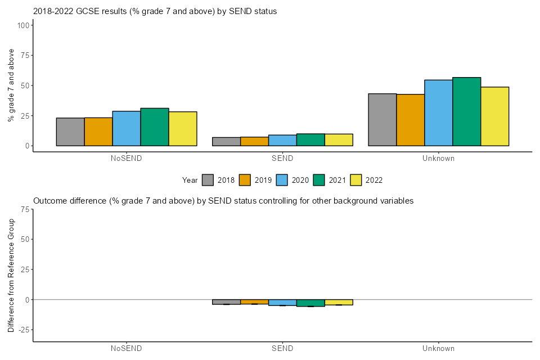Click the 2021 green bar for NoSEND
tap(155, 127)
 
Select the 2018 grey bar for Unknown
tap(382, 120)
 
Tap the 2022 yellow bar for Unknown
tap(495, 116)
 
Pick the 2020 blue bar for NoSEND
tap(127, 128)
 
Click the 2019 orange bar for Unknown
tap(411, 120)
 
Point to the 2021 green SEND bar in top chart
tap(310, 139)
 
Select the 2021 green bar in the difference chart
tap(310, 303)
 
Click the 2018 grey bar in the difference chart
tap(226, 301)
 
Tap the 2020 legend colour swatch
tap(282, 180)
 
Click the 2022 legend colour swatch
tap(356, 180)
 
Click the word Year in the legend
tap(190, 180)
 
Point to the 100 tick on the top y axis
tap(24, 25)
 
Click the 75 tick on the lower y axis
tap(25, 209)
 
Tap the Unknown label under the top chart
tap(438, 158)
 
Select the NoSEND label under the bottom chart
tap(127, 348)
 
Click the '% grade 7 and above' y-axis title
tap(11, 85)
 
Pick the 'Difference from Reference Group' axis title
tap(11, 275)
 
